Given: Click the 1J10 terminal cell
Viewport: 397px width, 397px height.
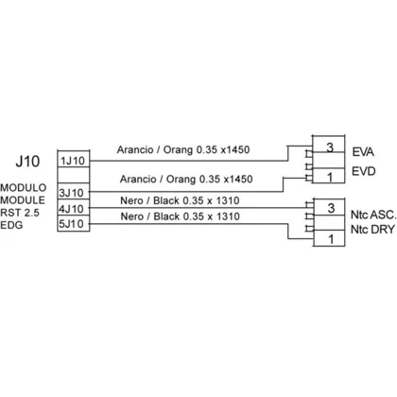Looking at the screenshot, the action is click(x=74, y=159).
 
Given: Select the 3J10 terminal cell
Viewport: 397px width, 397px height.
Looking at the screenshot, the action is click(x=74, y=191).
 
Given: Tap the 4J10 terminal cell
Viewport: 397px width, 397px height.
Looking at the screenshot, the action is click(x=74, y=208).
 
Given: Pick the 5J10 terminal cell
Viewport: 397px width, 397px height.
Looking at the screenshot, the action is click(x=74, y=224).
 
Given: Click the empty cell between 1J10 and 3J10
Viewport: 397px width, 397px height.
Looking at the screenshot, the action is click(x=74, y=175).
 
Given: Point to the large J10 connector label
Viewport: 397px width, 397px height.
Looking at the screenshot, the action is click(x=27, y=162).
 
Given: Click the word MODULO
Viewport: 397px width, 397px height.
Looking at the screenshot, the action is click(x=24, y=188).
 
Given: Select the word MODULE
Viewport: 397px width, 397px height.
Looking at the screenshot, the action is click(x=23, y=200).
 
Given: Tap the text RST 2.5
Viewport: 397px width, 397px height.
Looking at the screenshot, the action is click(x=20, y=213).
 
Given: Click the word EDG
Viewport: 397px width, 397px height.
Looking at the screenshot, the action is click(x=11, y=225).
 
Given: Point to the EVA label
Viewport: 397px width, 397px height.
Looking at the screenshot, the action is click(x=363, y=152).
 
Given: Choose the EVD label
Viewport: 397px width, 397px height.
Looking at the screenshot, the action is click(x=364, y=171).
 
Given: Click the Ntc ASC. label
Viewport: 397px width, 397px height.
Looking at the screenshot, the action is click(x=373, y=215).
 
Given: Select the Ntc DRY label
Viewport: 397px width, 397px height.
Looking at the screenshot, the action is click(x=372, y=230).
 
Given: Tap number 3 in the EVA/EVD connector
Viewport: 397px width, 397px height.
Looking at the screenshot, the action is click(x=330, y=147).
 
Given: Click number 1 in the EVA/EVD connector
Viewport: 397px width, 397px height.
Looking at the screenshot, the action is click(x=330, y=178).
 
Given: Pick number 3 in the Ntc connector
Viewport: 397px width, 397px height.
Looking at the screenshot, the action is click(x=331, y=208).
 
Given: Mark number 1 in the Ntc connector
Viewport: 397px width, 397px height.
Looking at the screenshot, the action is click(x=331, y=239).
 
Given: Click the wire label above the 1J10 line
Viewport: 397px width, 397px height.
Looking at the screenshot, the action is click(x=183, y=149).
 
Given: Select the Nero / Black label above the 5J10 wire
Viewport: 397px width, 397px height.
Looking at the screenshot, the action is click(x=181, y=216).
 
